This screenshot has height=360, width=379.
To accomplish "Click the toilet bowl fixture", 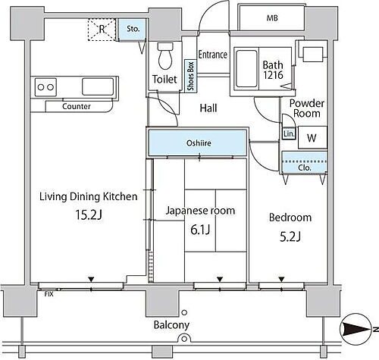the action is (x=165, y=56).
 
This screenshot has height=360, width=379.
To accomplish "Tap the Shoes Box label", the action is (x=191, y=76).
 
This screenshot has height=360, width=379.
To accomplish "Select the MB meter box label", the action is (x=272, y=18).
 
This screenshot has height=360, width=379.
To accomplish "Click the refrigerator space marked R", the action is (x=102, y=30).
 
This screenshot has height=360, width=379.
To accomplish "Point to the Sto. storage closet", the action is (x=133, y=29).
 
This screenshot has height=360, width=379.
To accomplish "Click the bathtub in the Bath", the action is (x=246, y=68).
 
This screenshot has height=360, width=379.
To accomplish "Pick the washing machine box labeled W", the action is (x=312, y=137).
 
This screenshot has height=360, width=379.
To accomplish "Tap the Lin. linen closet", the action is (x=289, y=133).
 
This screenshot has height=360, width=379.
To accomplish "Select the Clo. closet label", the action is (x=305, y=167).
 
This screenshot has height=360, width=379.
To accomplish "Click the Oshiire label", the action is (x=199, y=143).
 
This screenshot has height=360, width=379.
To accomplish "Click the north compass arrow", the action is (x=357, y=329).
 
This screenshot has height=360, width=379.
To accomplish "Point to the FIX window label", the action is (x=49, y=294).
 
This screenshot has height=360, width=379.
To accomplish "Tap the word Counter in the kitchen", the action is (x=77, y=106).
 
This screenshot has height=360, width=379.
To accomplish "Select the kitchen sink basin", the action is (x=98, y=86).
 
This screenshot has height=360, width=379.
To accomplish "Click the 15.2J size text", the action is (x=89, y=215).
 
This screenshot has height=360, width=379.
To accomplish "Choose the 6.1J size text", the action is (x=200, y=230).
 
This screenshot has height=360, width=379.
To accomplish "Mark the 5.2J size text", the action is (x=290, y=236).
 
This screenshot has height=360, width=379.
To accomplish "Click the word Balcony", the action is (x=171, y=325).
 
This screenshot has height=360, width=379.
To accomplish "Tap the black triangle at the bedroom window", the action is (x=281, y=279).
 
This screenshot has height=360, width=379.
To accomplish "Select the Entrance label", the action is (x=212, y=55).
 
